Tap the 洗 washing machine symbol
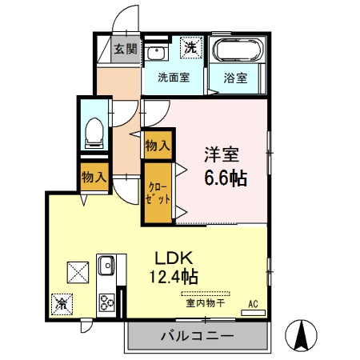coord(190,49)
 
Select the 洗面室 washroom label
coord(173,78)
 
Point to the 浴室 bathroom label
coord(235,79)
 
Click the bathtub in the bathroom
coord(237,51)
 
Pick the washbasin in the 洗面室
coord(156,53)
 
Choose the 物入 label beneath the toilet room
coord(94,178)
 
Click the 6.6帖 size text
coord(222,178)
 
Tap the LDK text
coord(175,259)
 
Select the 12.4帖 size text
coord(175,278)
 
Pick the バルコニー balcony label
coord(197,336)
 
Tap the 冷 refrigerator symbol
coord(62,303)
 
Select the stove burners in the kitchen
coord(107,302)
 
